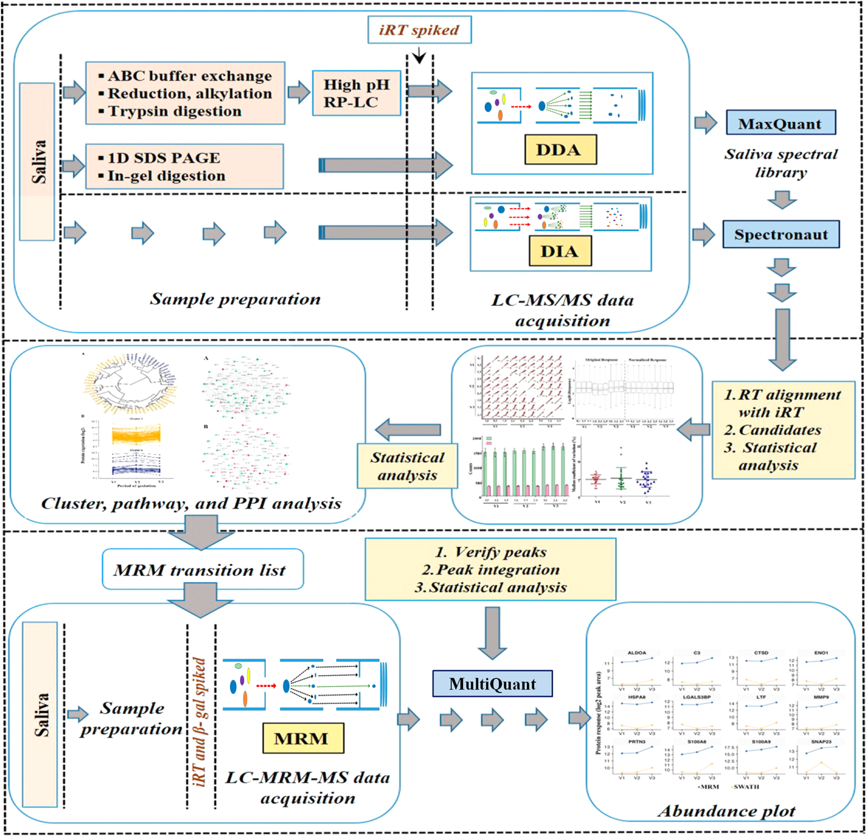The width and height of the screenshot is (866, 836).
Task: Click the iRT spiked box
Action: click(x=419, y=30)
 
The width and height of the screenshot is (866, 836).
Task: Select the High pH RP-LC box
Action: click(x=356, y=93)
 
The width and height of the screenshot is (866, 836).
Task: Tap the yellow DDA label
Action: click(x=560, y=149)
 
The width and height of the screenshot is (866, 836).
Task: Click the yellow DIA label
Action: click(x=559, y=251)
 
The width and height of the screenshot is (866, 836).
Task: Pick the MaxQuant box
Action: click(x=780, y=123)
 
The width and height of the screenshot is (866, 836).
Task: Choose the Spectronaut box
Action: click(x=781, y=234)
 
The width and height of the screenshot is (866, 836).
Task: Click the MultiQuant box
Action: click(x=492, y=684)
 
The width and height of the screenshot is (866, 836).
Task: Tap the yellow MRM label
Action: click(x=302, y=738)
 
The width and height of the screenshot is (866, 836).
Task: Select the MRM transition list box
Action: click(x=202, y=570)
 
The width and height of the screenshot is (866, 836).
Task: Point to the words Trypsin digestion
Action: click(x=175, y=111)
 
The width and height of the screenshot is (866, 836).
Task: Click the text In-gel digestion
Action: click(x=166, y=176)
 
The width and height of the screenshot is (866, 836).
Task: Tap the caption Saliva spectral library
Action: click(x=781, y=163)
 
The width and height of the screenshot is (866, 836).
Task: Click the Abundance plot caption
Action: click(x=726, y=811)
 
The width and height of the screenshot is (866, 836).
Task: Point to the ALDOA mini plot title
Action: click(x=636, y=653)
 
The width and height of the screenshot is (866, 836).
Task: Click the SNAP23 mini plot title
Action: click(x=821, y=742)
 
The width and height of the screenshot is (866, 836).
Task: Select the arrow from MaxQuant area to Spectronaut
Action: click(x=782, y=200)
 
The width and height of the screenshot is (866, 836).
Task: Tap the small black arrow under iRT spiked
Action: click(x=419, y=57)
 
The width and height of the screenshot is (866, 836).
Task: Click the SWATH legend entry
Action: click(x=746, y=787)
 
